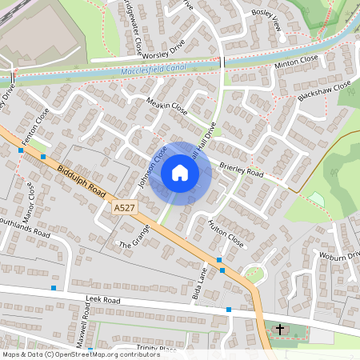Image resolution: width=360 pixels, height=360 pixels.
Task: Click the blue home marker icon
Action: click(x=180, y=173)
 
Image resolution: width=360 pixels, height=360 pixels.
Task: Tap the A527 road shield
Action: click(x=124, y=208)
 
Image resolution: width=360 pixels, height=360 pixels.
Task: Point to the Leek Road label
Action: click(x=102, y=299)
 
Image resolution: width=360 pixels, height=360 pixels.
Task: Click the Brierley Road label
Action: click(x=241, y=170)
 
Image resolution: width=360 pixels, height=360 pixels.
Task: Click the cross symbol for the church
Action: click(x=280, y=329)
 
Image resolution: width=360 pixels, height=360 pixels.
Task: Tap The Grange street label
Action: click(x=134, y=238)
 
